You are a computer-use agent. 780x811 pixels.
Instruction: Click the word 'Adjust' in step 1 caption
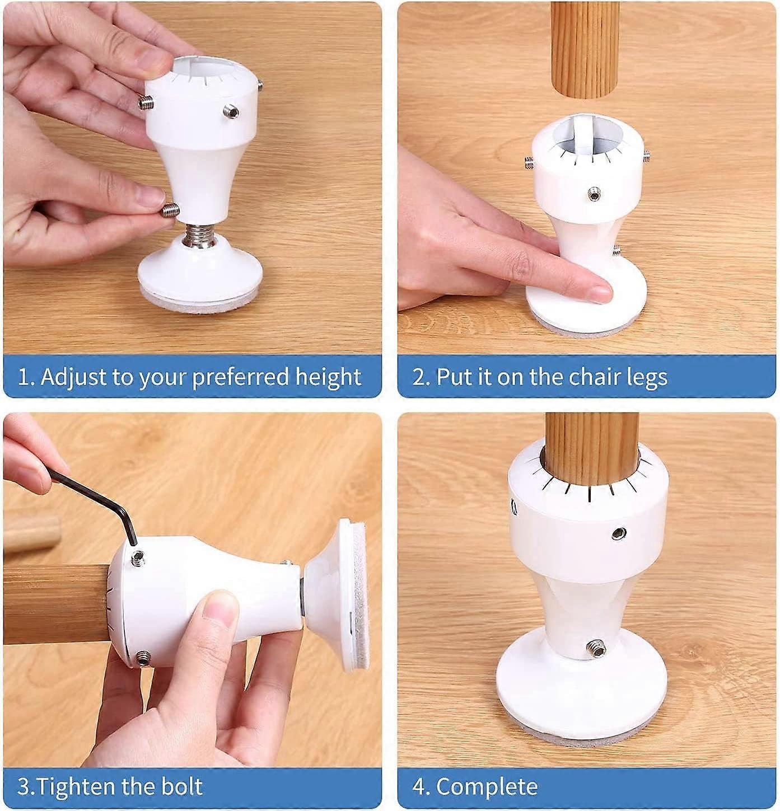coord(74,377)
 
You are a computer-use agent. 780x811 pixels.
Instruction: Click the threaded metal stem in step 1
coord(199,236)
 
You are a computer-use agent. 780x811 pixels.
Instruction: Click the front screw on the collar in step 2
coord(594,193)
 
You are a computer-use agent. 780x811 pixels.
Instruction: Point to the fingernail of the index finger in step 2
coord(600,292)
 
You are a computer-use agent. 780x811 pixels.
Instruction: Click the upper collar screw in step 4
coord(619,533)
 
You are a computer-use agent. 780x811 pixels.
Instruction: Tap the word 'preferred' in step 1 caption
coord(241,377)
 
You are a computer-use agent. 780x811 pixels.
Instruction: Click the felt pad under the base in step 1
coord(200,301)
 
